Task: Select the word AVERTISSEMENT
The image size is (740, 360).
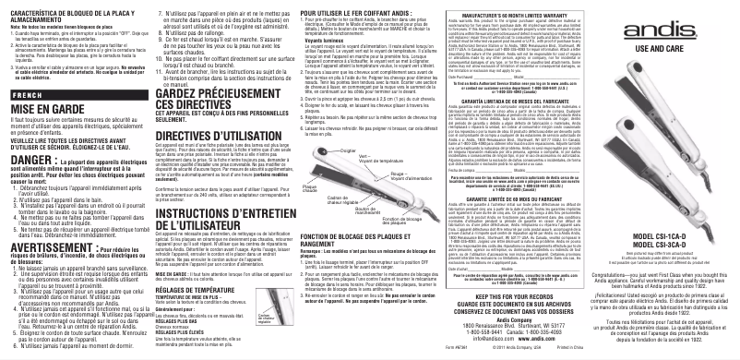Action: pos(47,223)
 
